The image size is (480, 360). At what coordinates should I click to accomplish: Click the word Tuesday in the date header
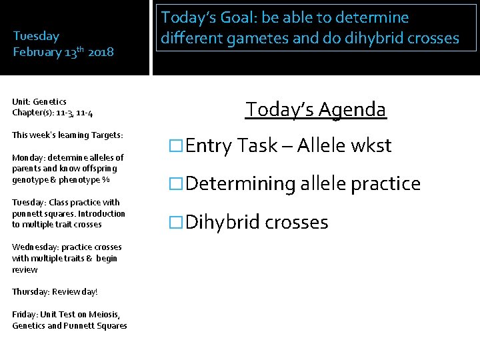click(36, 36)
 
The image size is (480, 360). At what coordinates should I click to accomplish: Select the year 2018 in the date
click(101, 52)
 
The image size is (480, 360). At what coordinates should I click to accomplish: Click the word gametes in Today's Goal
click(257, 38)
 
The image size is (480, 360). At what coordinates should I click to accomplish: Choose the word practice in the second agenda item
click(381, 184)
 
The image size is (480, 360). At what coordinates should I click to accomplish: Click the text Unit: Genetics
click(39, 101)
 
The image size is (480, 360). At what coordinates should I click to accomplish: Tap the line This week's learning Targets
click(67, 135)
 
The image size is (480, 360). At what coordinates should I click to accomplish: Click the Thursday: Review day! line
click(55, 292)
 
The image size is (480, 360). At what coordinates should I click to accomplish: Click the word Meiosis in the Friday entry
click(101, 315)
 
